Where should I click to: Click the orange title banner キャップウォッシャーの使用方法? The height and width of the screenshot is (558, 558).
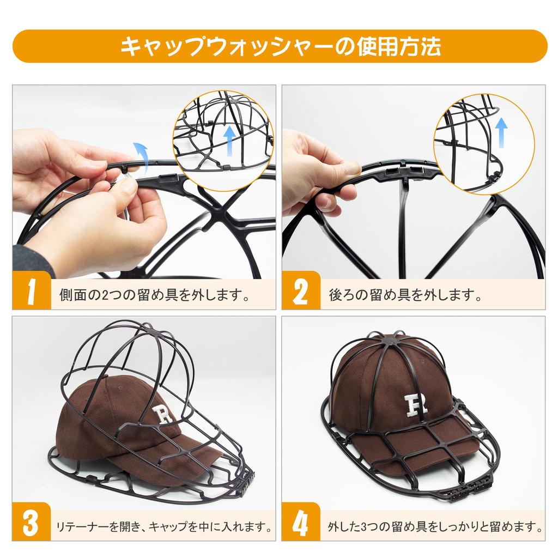[279, 46]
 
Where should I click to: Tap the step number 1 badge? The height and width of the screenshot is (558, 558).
[31, 294]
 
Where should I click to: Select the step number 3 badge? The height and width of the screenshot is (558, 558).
[31, 524]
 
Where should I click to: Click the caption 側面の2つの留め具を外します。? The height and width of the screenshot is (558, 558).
[154, 296]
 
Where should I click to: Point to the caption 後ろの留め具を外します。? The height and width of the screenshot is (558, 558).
[405, 296]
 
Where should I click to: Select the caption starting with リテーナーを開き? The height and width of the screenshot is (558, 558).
[164, 527]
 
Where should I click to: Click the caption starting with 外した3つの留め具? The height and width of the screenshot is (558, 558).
[434, 527]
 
